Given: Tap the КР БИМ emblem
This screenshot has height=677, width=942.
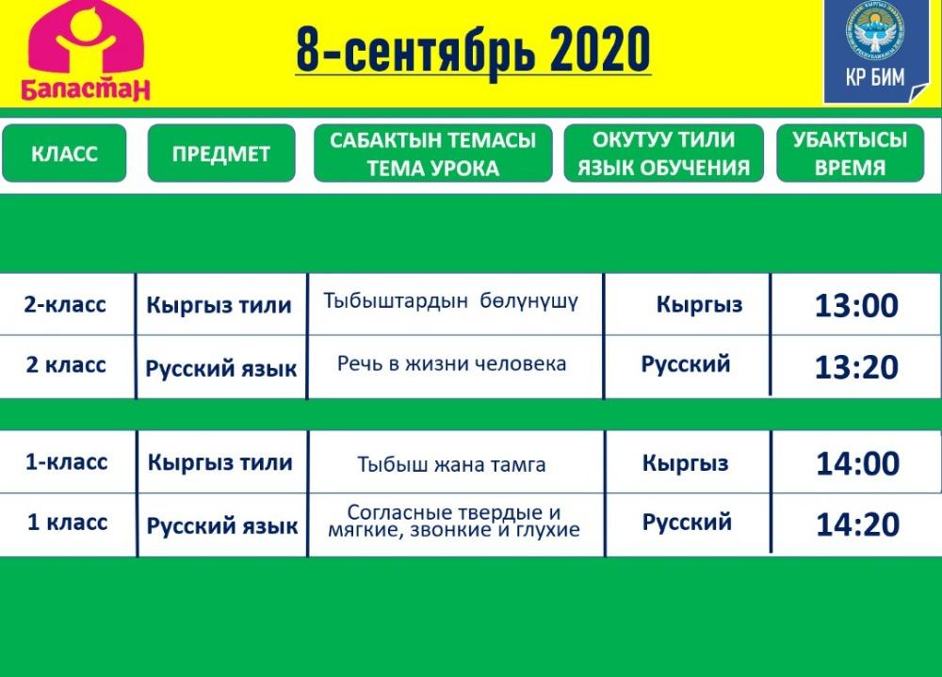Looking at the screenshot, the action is tap(875, 51).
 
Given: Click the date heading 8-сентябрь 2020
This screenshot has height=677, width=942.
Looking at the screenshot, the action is tap(474, 49).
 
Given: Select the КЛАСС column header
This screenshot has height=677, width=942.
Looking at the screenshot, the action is tap(64, 153).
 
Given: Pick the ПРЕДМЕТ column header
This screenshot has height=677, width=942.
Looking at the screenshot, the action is tap(221, 153).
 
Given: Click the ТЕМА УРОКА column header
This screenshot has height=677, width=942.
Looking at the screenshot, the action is tap(432, 153).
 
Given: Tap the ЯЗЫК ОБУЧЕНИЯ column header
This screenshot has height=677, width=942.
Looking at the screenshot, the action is tap(664, 153).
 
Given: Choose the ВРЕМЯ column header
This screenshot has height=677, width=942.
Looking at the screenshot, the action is tap(850, 153).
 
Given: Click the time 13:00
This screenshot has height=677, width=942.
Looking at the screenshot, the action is tap(856, 305).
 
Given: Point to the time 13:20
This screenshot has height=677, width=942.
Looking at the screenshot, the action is tap(856, 367).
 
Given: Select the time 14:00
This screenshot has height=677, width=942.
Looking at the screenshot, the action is tap(858, 463).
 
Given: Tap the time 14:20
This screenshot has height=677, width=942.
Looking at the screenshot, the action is tap(858, 524).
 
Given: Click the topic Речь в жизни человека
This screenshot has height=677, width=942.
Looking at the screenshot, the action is tap(452, 363).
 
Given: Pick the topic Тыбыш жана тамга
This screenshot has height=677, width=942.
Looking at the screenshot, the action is tap(452, 464).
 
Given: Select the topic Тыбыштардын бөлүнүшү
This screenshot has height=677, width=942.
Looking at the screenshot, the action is tap(451, 301).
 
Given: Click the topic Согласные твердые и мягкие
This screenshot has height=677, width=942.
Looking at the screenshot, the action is tap(454, 521).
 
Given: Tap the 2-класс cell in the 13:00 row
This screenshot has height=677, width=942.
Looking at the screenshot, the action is tap(65, 304).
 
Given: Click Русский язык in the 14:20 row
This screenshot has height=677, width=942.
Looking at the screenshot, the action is tap(222, 526).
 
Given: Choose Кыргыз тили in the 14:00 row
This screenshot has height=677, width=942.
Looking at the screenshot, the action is tap(219, 462).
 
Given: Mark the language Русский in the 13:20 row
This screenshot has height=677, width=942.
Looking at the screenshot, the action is tap(686, 364).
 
